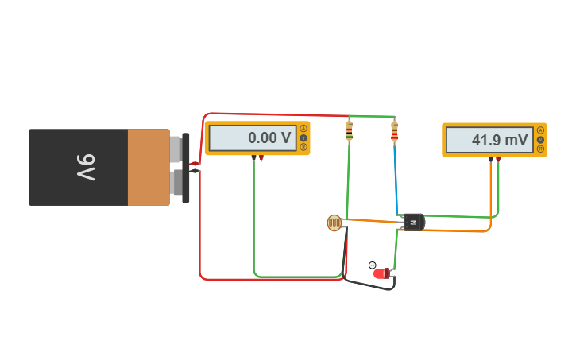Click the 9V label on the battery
click(x=86, y=168)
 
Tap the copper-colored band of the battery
click(x=149, y=168)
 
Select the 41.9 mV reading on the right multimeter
click(x=489, y=140)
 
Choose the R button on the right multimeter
click(x=540, y=149)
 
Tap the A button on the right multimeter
click(x=540, y=130)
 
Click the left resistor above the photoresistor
click(x=349, y=130)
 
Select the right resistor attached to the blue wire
click(x=394, y=131)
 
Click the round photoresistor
click(x=334, y=223)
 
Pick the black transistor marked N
click(x=412, y=223)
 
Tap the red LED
click(x=381, y=273)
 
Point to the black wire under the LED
click(x=368, y=285)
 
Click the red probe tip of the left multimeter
click(x=261, y=158)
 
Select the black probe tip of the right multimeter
click(x=490, y=159)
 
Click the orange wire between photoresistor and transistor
click(x=370, y=221)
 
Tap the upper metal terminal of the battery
click(x=176, y=149)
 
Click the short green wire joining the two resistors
click(x=372, y=117)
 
